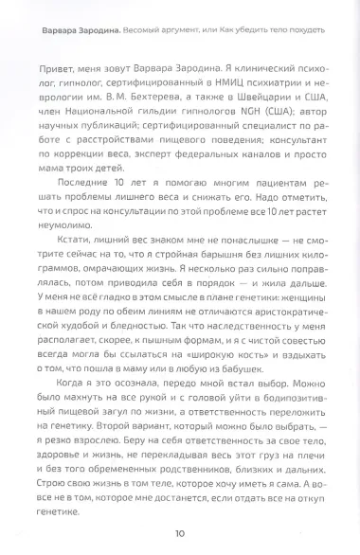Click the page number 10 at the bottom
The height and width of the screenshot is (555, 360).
click(179, 533)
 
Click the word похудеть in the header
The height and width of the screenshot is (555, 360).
click(300, 29)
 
